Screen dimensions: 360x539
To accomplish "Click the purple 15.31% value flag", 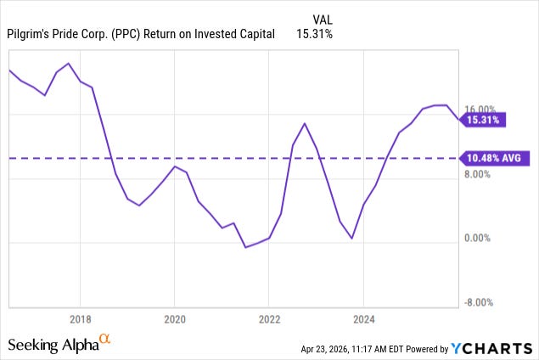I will (x=483, y=121).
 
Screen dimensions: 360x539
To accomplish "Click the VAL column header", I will (x=323, y=18).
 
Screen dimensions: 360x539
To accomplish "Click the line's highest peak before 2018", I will (x=68, y=64).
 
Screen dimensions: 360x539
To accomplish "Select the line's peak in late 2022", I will (x=305, y=123).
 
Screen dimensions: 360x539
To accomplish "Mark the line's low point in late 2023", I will (x=351, y=239).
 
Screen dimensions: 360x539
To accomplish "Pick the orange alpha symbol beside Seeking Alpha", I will (x=105, y=340).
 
